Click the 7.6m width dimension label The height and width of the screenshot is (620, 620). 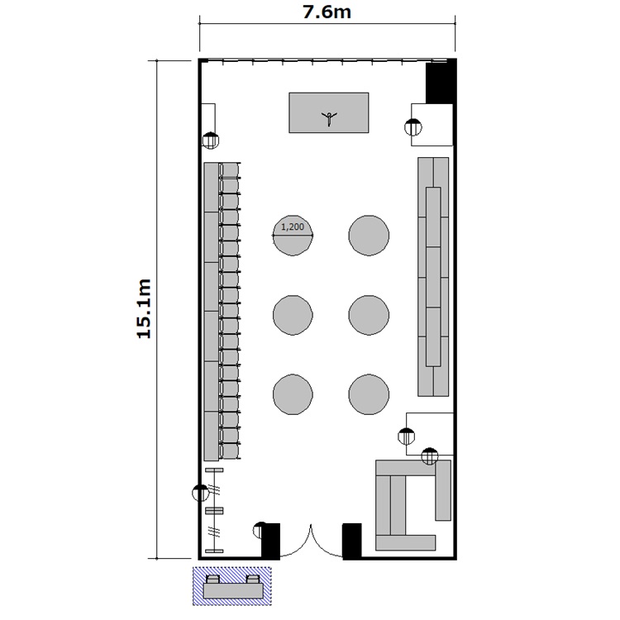click(327, 12)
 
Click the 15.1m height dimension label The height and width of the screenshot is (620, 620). click(144, 309)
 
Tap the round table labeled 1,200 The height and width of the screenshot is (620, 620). click(293, 236)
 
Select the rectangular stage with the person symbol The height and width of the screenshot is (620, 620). click(329, 112)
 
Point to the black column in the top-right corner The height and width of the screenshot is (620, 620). click(440, 82)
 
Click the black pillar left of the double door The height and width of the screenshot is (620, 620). click(271, 541)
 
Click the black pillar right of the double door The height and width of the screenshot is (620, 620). click(352, 541)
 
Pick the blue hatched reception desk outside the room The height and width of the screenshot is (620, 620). click(232, 586)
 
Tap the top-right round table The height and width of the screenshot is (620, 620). click(369, 236)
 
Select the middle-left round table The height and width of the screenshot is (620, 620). click(293, 315)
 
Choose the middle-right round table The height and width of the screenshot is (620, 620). click(369, 315)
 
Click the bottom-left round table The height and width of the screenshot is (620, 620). click(293, 394)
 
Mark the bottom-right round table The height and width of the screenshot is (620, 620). click(369, 394)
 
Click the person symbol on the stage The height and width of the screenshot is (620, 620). click(329, 118)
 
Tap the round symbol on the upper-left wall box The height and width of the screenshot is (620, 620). click(210, 141)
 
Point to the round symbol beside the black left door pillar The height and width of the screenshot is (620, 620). click(260, 530)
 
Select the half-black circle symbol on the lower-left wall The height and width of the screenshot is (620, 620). click(200, 493)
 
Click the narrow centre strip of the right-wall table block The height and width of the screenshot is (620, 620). click(433, 277)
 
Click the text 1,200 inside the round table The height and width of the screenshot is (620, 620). click(293, 227)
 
